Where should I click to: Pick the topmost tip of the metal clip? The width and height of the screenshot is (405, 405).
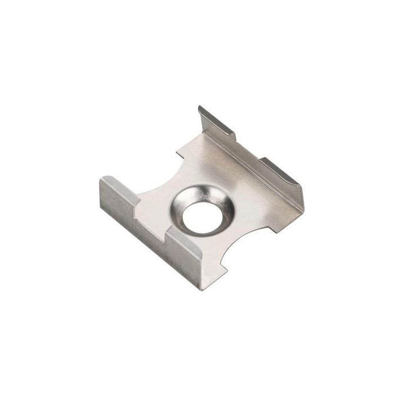[199, 107]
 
